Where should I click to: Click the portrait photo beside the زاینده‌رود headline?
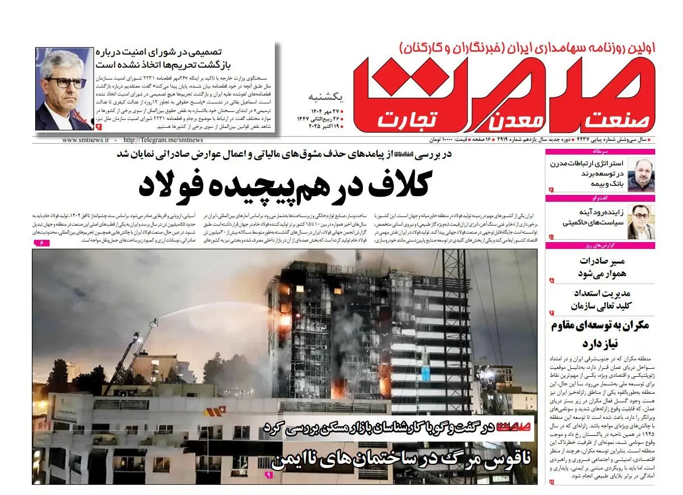click(642, 221)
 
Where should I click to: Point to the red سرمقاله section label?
click(644, 152)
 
